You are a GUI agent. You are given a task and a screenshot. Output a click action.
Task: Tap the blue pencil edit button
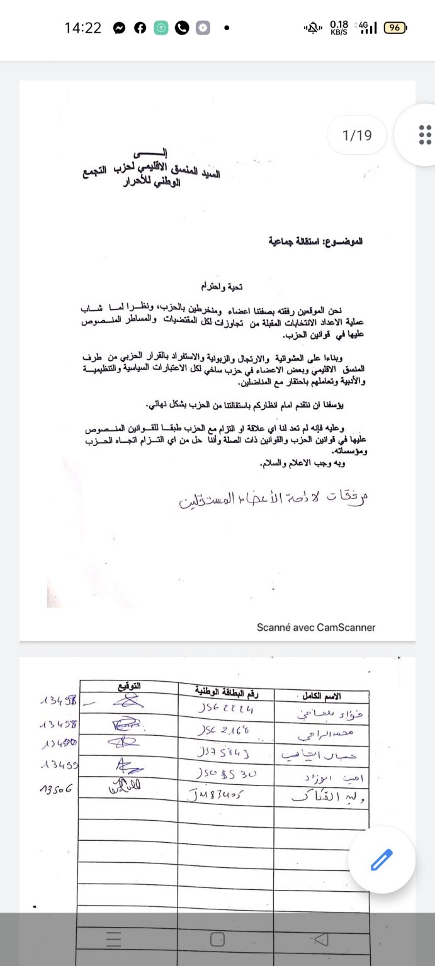[381, 860]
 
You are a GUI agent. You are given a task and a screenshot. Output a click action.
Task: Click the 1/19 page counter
[357, 135]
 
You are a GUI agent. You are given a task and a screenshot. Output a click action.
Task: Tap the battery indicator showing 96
[395, 28]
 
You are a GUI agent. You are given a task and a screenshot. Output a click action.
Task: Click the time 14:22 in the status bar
[82, 28]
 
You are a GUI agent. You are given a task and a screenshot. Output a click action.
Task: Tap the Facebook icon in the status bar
[140, 28]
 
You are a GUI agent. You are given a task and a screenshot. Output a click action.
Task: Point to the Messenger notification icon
[118, 28]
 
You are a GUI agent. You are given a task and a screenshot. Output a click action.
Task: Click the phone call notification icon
[182, 28]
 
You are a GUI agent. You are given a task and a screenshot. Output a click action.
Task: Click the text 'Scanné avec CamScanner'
[316, 627]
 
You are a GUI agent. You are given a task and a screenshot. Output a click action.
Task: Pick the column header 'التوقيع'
[130, 686]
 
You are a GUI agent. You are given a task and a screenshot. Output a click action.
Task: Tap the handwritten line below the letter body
[273, 499]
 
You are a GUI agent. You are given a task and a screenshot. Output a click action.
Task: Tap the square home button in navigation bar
[217, 940]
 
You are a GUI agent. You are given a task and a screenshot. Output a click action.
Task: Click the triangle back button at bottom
[320, 940]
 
